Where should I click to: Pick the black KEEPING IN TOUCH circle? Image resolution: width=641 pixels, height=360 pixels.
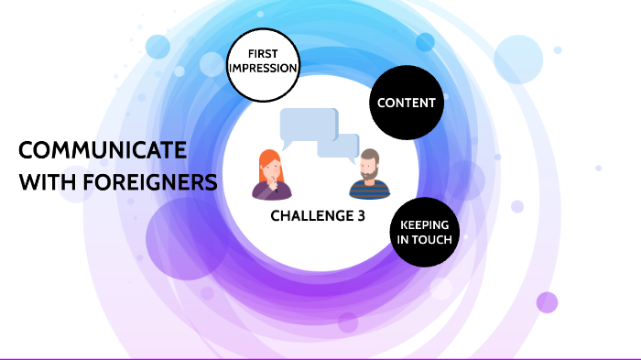tap(424, 231)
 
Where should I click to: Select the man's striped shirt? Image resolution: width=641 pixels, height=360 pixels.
tap(370, 191)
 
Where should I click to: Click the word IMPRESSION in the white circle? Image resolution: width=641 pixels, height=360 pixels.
tap(262, 69)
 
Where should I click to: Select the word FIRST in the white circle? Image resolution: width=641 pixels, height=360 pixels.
tap(262, 54)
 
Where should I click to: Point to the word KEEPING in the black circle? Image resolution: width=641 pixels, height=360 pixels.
tap(424, 224)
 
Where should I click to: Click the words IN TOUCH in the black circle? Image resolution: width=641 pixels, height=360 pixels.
tap(424, 239)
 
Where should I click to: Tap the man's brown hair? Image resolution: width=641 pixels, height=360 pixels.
tap(369, 154)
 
